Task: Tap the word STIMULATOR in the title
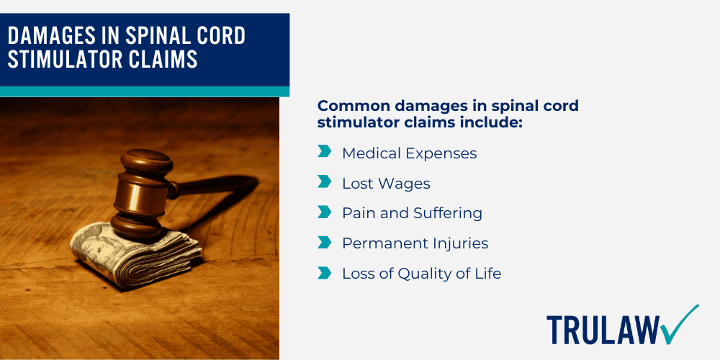coord(58,59)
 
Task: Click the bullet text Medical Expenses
coord(409,153)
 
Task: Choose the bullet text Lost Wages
coord(386,184)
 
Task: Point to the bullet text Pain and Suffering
coord(412,213)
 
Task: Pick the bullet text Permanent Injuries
coord(415,243)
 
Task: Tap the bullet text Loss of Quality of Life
coord(421,274)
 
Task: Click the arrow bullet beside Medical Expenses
coord(324,152)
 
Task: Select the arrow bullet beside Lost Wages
coord(324,183)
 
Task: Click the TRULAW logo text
coord(602,329)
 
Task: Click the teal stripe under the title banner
coord(144,91)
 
